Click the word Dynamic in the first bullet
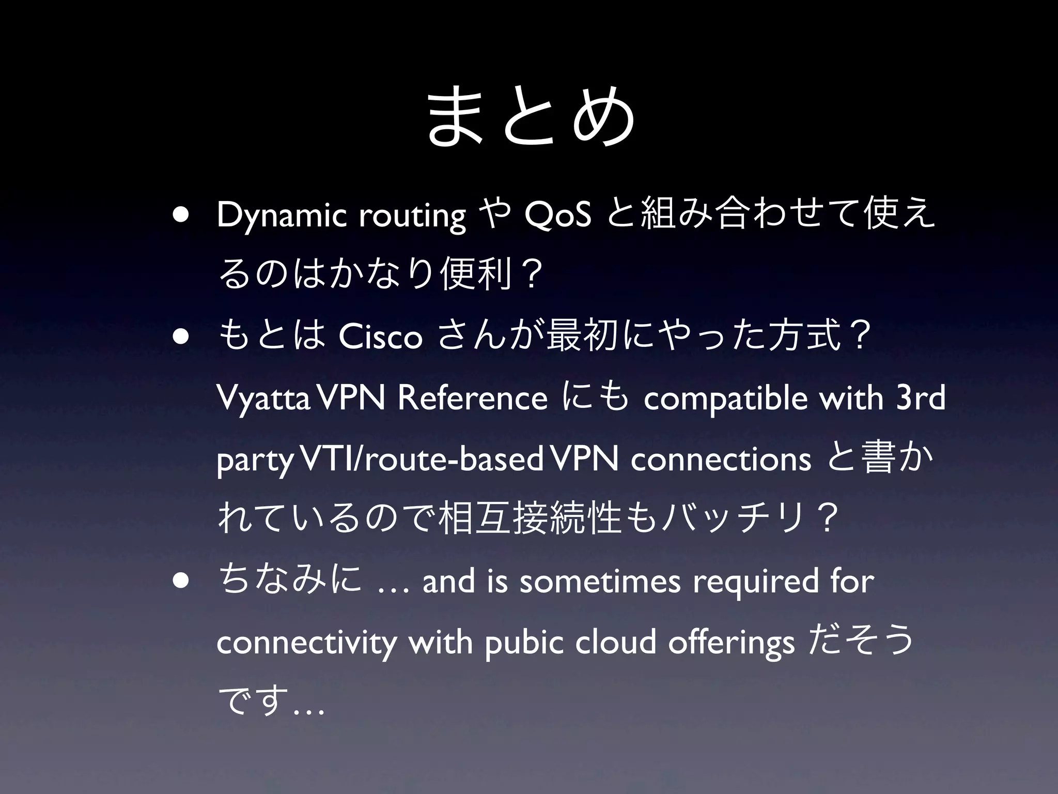[x=282, y=216]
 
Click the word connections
[x=720, y=459]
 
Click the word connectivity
[x=307, y=643]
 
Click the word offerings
[x=731, y=643]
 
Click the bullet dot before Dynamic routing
[x=181, y=214]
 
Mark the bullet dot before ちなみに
[x=181, y=579]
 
